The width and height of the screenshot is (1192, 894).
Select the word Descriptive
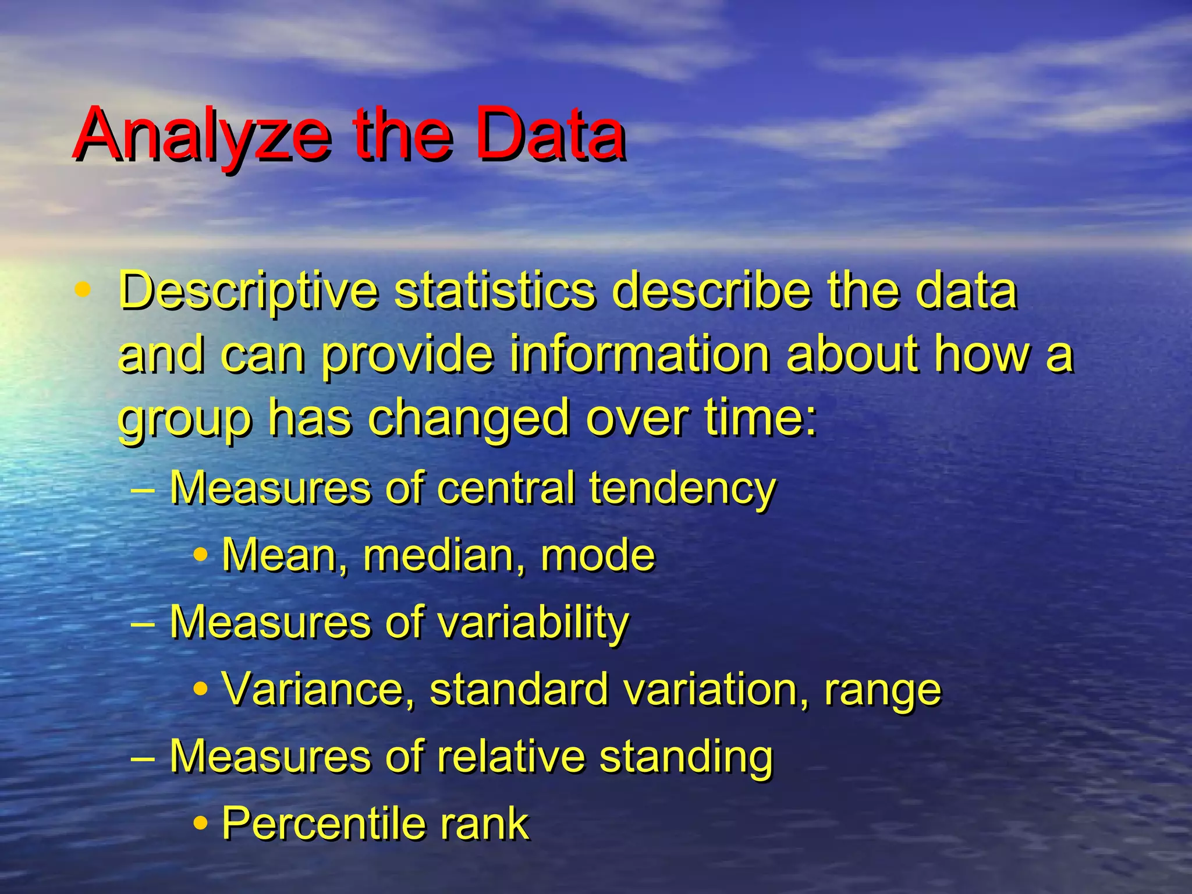[248, 292]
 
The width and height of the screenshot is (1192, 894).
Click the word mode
[597, 555]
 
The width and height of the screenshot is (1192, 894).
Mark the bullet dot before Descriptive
[83, 289]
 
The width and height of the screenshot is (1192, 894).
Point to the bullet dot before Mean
[201, 554]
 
